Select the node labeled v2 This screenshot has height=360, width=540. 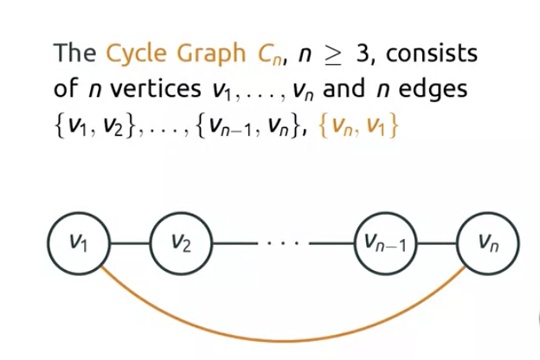pos(181,241)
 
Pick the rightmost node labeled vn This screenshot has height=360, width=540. pos(487,241)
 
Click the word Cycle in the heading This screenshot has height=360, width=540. pos(138,55)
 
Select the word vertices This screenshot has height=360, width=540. pos(149,90)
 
